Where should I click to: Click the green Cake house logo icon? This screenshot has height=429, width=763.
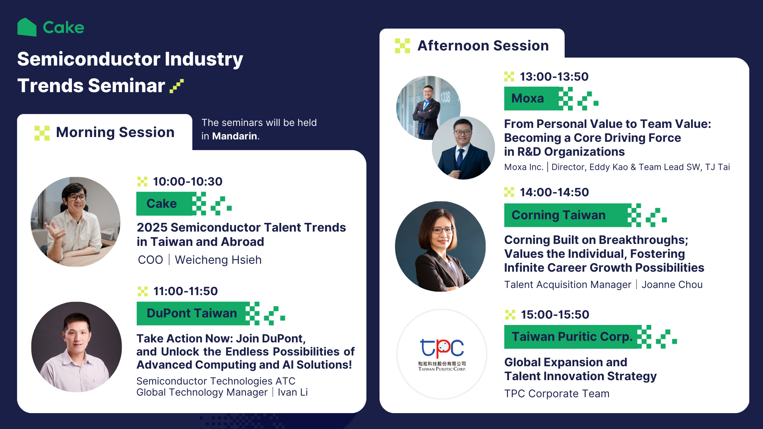click(27, 27)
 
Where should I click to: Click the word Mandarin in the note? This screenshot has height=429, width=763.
click(234, 136)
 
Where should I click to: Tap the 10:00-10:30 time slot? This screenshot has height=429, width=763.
click(188, 182)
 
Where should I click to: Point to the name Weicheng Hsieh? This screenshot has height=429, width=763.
click(218, 260)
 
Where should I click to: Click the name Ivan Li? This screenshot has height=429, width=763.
click(292, 392)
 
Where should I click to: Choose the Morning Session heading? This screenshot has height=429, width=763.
click(115, 132)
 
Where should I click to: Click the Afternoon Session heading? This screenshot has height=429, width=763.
click(483, 46)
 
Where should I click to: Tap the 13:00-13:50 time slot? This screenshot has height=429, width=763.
click(554, 77)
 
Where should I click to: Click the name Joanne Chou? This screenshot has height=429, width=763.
click(672, 285)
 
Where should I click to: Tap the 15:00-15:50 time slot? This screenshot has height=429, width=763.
click(555, 315)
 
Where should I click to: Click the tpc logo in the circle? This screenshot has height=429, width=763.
click(442, 349)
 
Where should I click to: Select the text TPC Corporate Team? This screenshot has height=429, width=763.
click(557, 394)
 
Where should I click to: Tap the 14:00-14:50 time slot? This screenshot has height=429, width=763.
click(554, 192)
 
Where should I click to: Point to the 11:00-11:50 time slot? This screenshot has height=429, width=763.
click(186, 291)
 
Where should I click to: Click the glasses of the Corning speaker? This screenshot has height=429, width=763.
click(442, 230)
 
